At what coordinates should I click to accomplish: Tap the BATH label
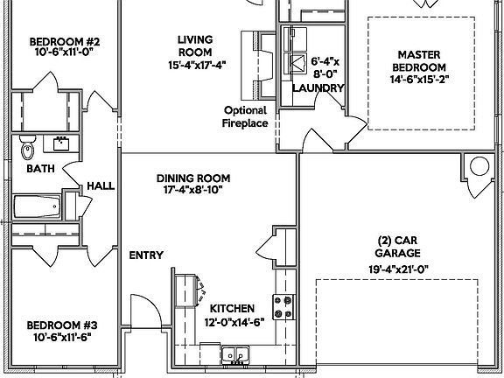(x=40, y=168)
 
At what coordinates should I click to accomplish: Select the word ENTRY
(x=146, y=255)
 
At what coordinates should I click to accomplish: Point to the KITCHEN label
(x=232, y=309)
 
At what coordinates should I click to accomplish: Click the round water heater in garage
(x=479, y=165)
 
